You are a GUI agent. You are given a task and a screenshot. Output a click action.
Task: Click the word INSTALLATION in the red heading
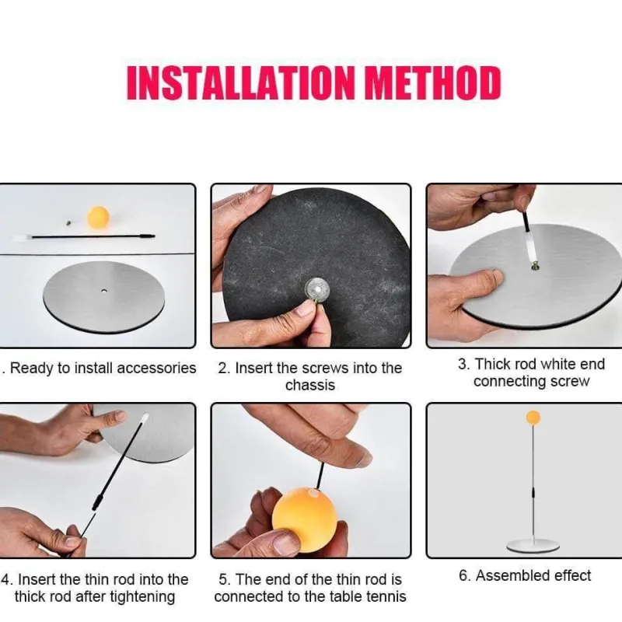click(240, 82)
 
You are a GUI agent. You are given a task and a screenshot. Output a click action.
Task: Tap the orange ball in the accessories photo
click(98, 217)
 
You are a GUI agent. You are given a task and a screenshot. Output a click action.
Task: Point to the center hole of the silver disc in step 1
click(104, 291)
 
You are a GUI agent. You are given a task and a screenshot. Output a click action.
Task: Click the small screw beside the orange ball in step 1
click(68, 223)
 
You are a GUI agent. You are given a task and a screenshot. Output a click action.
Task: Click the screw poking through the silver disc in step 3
click(535, 266)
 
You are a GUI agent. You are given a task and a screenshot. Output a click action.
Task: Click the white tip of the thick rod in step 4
click(145, 418)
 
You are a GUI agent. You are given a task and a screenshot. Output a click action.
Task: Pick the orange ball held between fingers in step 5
click(305, 514)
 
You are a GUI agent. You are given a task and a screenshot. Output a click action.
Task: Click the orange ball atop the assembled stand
click(533, 418)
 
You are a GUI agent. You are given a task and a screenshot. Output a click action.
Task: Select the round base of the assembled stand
click(533, 547)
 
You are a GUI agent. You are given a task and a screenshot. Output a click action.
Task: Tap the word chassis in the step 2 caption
click(310, 385)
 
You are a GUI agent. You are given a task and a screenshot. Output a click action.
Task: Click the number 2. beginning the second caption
click(224, 369)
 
